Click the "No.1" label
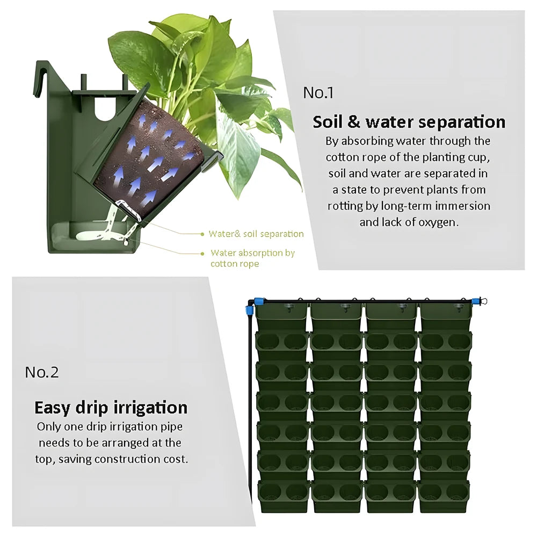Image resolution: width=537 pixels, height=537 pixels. click(318, 92)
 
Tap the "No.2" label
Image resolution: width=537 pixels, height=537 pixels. click(42, 372)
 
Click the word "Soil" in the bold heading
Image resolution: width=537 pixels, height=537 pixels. click(328, 122)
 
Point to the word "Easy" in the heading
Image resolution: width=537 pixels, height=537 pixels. click(52, 408)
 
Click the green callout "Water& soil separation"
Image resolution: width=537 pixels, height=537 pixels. click(256, 234)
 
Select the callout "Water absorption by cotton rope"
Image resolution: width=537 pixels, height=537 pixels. click(253, 258)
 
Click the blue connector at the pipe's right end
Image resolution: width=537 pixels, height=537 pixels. click(476, 302)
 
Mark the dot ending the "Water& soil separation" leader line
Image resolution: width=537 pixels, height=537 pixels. click(202, 234)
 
